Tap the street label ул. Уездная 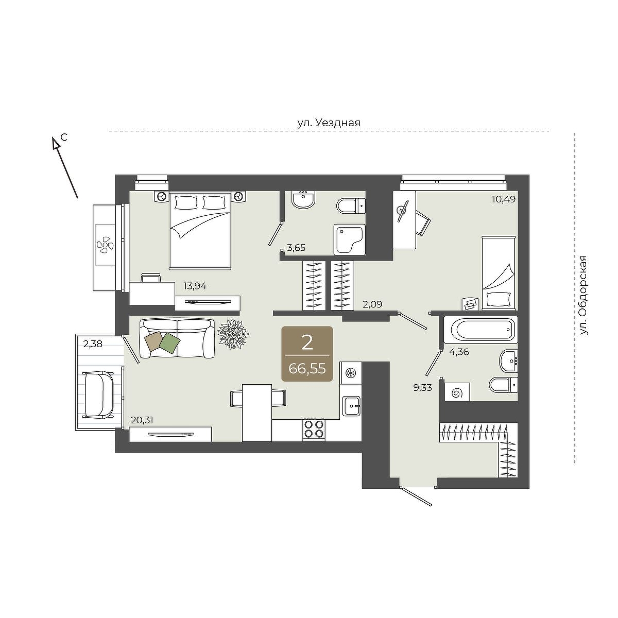[329, 123]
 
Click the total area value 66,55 [307, 369]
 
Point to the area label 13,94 [195, 286]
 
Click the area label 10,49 [504, 199]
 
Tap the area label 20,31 [142, 420]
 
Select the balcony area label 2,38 [92, 344]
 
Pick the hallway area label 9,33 [422, 388]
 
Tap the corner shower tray [350, 239]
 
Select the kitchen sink [352, 406]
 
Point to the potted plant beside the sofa [233, 334]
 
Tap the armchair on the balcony [98, 394]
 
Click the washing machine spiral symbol [457, 393]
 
